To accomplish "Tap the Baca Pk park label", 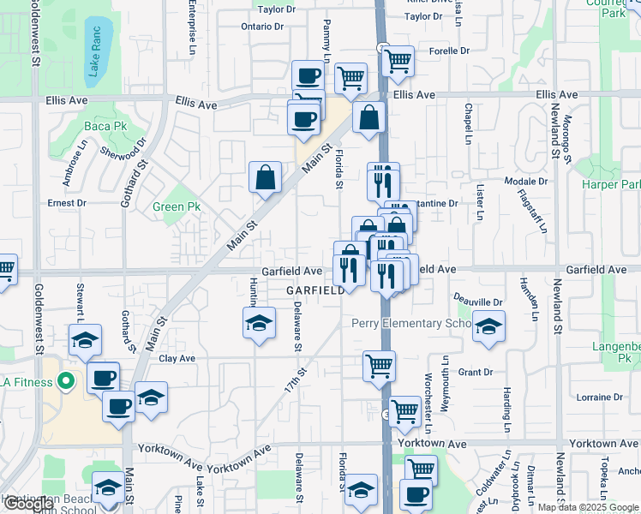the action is tap(98, 127).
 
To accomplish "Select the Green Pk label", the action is tap(176, 206).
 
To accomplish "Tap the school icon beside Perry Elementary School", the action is tap(488, 326).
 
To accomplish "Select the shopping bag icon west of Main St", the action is tap(266, 177).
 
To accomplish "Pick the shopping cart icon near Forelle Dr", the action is tap(398, 61).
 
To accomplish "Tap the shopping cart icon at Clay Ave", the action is tap(379, 366).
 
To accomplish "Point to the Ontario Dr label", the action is tap(261, 27).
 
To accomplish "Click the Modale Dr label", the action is tap(526, 182).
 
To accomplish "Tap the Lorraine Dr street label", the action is tap(599, 397).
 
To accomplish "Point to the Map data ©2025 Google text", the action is tap(588, 507).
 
